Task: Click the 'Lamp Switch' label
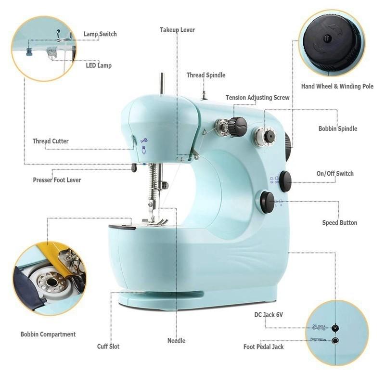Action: (x=100, y=34)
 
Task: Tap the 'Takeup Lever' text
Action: (x=177, y=30)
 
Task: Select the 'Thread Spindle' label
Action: (x=206, y=75)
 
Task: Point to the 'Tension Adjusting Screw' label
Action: (x=257, y=98)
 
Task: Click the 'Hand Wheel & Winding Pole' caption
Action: (x=337, y=87)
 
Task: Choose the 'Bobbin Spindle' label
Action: (x=337, y=129)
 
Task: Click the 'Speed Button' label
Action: (x=339, y=223)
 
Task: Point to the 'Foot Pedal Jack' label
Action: (x=263, y=346)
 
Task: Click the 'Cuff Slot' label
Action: (x=108, y=346)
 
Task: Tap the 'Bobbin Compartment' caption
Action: (x=48, y=334)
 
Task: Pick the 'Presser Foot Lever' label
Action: (x=57, y=180)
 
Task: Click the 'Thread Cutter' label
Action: (x=51, y=141)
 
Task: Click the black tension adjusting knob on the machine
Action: (x=237, y=127)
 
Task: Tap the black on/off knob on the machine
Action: (x=285, y=181)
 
